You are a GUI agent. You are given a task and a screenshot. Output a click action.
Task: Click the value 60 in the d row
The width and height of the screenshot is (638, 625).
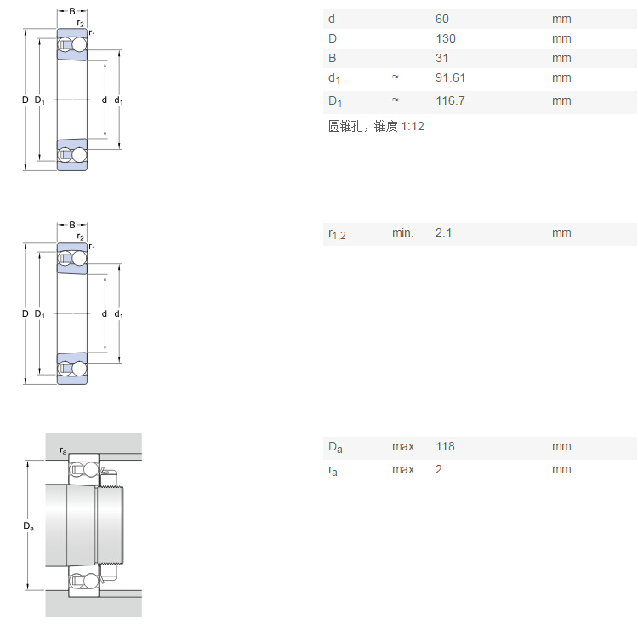(441, 19)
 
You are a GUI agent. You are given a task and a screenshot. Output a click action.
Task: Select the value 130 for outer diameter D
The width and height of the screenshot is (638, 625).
(445, 38)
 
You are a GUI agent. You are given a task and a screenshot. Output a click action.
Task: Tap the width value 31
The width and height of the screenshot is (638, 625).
(441, 58)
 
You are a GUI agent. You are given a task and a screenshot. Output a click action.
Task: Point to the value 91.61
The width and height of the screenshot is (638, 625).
(450, 77)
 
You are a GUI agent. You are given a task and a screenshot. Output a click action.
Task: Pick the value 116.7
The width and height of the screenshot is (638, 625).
(450, 100)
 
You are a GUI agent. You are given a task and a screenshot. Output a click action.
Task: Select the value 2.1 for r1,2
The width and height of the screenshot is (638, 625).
(443, 232)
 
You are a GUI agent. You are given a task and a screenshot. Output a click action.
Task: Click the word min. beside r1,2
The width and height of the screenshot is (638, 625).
(402, 232)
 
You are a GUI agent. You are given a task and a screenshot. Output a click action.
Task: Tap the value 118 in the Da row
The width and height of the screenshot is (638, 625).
(445, 446)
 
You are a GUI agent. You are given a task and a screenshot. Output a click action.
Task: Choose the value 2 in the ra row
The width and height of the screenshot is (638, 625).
(439, 469)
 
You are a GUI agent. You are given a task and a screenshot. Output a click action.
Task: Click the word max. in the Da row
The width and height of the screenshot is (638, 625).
(404, 446)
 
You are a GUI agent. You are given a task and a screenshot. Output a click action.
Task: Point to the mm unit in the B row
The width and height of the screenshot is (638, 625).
(561, 58)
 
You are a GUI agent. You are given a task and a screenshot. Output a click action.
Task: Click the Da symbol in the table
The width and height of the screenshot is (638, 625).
(335, 447)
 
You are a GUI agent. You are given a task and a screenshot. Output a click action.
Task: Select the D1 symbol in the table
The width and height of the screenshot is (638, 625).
(334, 101)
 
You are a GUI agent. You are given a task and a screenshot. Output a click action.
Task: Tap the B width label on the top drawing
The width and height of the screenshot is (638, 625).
(72, 11)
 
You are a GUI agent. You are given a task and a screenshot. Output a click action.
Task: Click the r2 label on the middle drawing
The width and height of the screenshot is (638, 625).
(80, 237)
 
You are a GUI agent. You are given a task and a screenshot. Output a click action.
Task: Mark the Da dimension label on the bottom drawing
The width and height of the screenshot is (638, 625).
(28, 526)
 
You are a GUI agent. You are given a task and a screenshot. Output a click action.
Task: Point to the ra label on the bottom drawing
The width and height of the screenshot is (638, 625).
(63, 450)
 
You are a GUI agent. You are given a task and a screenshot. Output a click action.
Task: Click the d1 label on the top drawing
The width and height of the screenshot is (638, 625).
(118, 100)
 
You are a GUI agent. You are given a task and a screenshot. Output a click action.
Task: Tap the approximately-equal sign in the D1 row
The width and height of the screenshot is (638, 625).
(396, 100)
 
